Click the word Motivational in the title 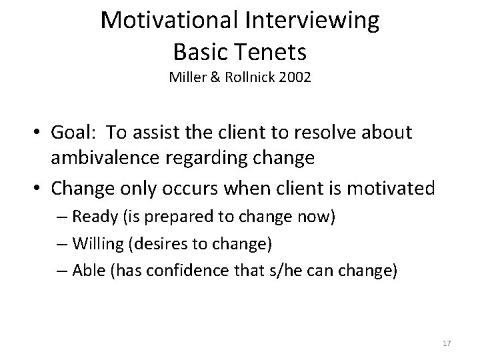point(172,21)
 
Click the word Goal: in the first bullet point(79,132)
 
